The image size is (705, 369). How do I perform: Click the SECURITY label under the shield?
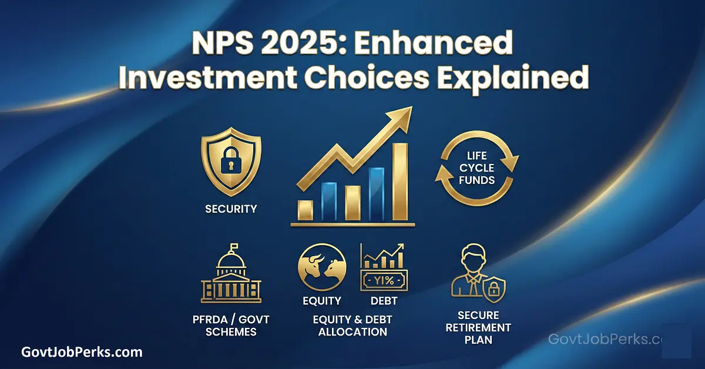(x=231, y=209)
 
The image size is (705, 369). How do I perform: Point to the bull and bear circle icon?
(x=322, y=268)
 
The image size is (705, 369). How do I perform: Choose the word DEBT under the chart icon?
(x=384, y=301)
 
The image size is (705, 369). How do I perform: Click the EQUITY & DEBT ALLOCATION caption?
(x=352, y=326)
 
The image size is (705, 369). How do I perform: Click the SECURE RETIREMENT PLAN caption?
(x=477, y=328)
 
